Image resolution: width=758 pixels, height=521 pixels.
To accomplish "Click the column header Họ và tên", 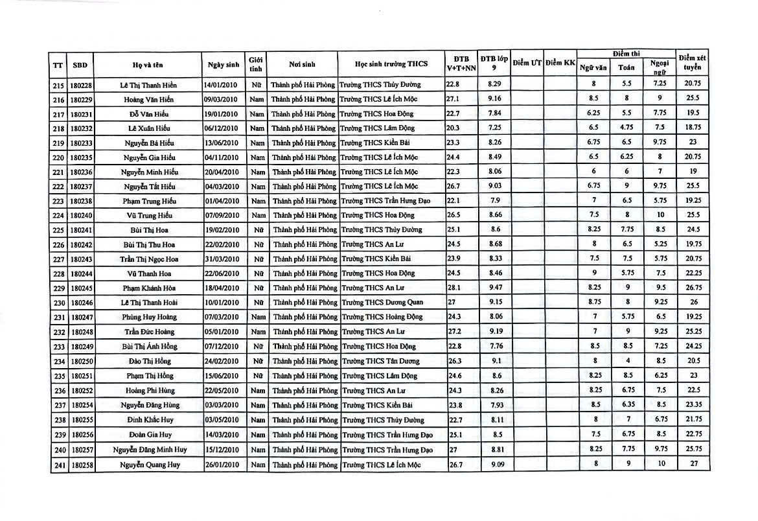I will [148, 64].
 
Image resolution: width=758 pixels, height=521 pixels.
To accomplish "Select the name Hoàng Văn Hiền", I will [148, 99].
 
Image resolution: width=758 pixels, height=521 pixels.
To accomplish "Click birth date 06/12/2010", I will [222, 128].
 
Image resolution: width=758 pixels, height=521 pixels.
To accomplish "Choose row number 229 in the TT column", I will [58, 288].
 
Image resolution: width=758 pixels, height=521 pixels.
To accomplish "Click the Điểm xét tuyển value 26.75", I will [692, 288].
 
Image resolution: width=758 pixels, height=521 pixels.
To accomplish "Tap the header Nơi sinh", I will [303, 64].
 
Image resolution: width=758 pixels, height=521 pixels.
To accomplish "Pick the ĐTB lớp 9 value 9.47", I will [495, 288].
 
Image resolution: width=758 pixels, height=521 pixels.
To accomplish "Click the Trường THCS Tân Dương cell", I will [380, 361].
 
